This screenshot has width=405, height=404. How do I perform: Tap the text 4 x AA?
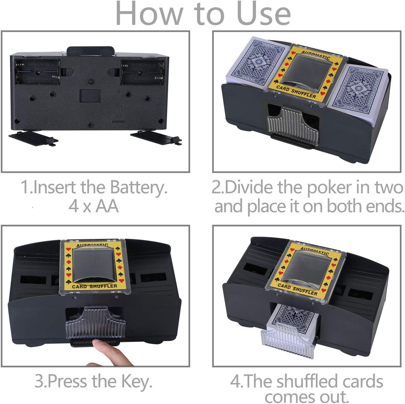coord(94,206)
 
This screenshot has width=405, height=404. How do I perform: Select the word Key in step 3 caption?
coord(136,382)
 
